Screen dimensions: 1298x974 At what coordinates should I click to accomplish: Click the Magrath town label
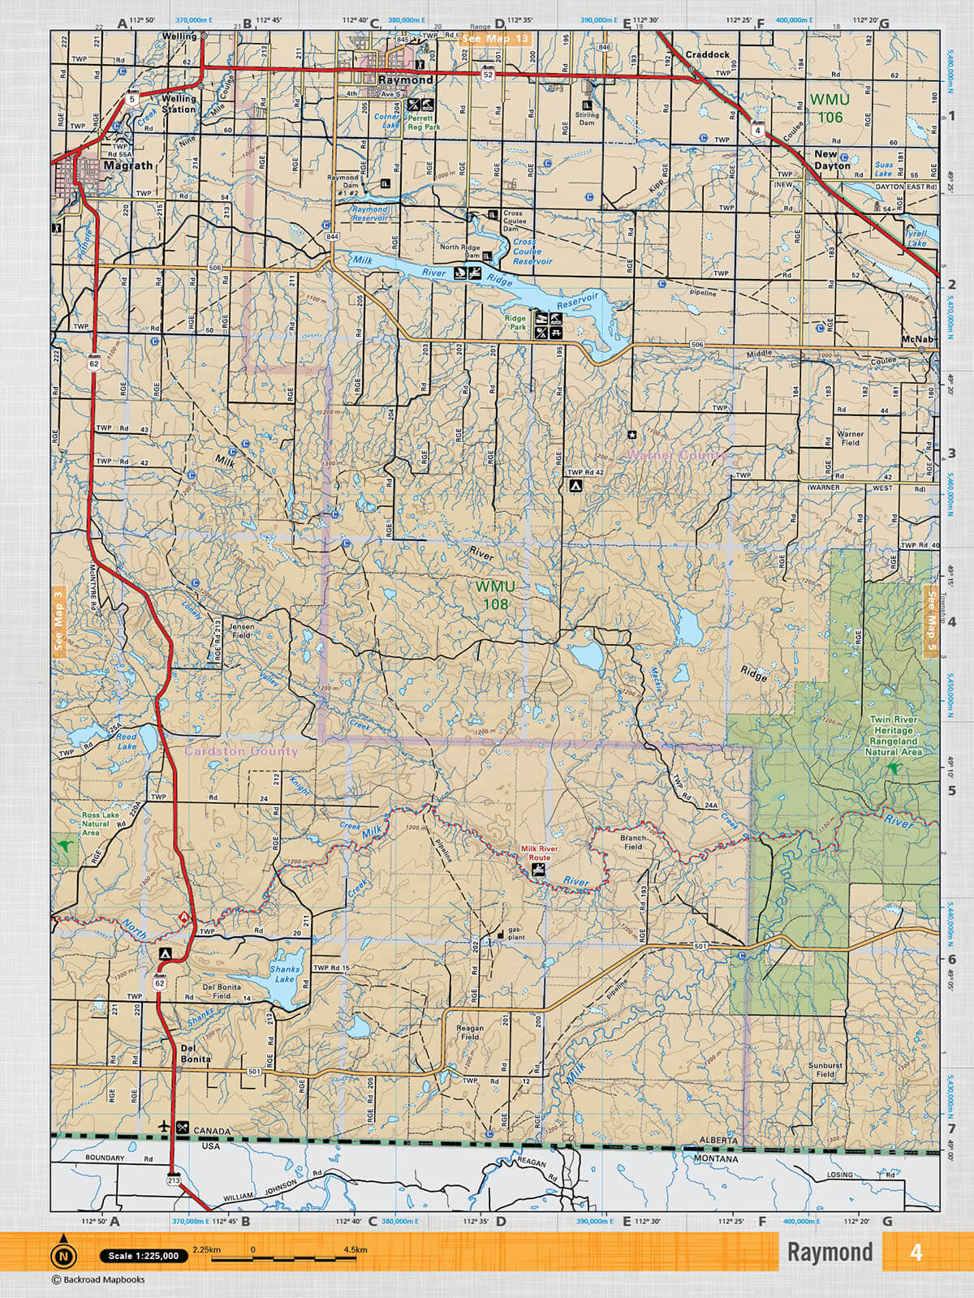coord(128,165)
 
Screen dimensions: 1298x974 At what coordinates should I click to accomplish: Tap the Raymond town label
coord(405,80)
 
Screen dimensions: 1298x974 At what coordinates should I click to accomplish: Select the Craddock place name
coord(707,54)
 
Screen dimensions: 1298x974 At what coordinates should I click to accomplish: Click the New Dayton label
coord(831,159)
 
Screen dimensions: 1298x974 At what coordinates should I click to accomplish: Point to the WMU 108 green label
coord(495,595)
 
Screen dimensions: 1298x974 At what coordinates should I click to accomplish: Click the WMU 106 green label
coord(830,109)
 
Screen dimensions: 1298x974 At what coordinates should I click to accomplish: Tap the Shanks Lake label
coord(285,973)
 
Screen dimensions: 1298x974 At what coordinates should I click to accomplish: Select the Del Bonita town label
coord(196,1053)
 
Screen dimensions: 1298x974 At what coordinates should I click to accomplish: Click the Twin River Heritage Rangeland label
coord(893,735)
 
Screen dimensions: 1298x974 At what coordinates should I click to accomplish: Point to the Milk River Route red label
coord(539,853)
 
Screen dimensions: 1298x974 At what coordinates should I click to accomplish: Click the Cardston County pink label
coord(241,751)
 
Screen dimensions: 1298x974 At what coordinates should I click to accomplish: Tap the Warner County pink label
coord(677,455)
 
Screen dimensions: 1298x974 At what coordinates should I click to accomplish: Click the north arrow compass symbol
coord(63,1257)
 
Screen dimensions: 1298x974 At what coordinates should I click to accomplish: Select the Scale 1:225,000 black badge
coord(144,1256)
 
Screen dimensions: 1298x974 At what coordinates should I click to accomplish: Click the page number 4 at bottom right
coord(916,1252)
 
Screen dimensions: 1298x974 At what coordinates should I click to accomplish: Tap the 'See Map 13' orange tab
coord(494,38)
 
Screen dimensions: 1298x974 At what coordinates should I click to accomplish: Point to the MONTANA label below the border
coord(716,1159)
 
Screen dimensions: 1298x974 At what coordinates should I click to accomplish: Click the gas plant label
coord(516,933)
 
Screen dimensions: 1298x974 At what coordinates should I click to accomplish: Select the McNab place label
coord(918,338)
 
